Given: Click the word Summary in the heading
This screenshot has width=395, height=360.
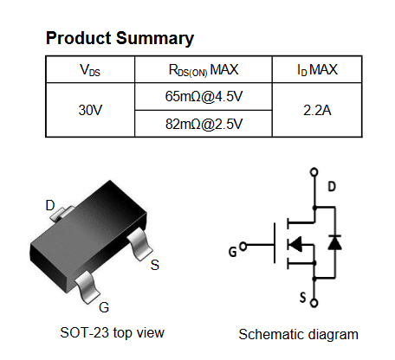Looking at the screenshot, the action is [155, 39].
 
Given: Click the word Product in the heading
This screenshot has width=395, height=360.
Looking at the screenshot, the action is [79, 38].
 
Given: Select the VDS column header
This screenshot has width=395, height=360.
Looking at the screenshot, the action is [90, 70].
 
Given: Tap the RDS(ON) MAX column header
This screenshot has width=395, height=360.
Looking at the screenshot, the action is [204, 70].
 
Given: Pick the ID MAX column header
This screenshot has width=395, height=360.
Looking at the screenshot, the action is [317, 70].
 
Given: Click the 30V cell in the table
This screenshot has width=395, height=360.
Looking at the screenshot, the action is [90, 110].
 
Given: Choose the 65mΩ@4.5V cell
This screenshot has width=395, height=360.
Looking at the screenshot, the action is [204, 96].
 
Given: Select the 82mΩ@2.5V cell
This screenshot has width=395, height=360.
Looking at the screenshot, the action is [204, 124].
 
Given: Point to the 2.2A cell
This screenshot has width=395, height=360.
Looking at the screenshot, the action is [317, 110].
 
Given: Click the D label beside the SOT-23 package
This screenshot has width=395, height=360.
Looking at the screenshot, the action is [50, 205].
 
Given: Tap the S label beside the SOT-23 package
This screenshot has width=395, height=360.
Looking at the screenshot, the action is [155, 265].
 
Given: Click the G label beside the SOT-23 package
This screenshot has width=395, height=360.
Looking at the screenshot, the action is [104, 307].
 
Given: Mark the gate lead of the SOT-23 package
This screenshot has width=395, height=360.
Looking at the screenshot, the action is [87, 287].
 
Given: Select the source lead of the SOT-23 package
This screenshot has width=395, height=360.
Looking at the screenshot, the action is [139, 244].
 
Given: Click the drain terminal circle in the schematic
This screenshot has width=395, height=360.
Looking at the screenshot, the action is [314, 172].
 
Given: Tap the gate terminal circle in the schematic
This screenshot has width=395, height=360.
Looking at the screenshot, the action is [243, 246].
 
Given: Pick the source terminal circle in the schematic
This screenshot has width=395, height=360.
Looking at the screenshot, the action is [314, 303].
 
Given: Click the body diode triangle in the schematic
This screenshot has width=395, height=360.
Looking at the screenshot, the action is [335, 242].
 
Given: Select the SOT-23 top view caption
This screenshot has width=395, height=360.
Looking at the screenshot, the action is [112, 333].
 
